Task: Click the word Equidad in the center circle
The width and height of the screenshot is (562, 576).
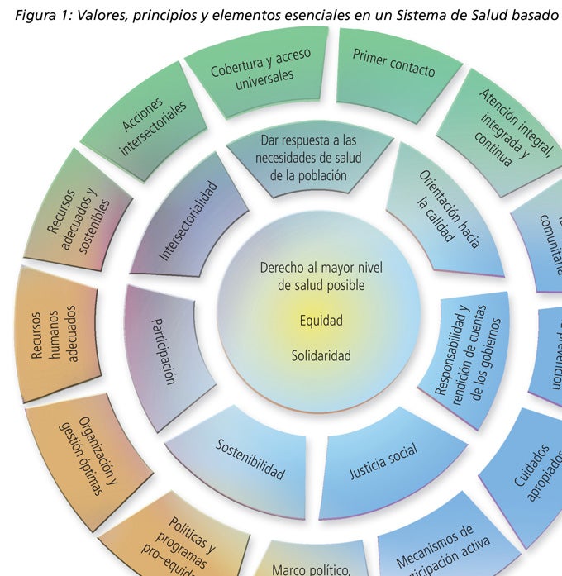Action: (321, 320)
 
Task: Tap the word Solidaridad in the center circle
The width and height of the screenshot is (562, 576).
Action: (321, 356)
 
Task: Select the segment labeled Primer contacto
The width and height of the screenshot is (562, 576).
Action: (393, 64)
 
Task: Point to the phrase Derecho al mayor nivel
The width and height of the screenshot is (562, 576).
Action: (321, 269)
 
